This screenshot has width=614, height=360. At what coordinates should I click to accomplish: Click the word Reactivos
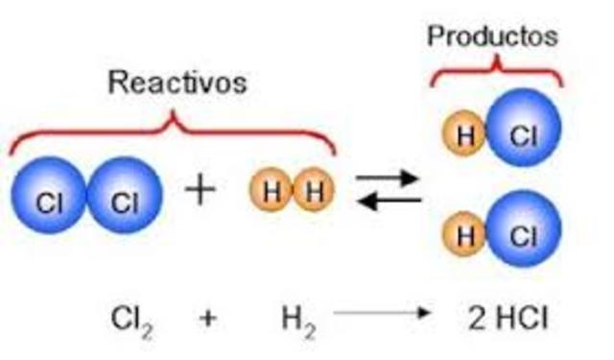[177, 83]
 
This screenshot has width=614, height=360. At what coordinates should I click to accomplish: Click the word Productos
[492, 36]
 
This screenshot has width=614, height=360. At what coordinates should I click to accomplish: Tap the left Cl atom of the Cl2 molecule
[48, 202]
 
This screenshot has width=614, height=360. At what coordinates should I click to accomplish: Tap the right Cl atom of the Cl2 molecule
[123, 202]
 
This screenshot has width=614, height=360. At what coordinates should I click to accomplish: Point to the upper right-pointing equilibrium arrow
[388, 178]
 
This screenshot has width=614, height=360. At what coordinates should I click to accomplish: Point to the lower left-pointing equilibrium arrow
[388, 201]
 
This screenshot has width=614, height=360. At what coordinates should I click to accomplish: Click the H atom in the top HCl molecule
[465, 135]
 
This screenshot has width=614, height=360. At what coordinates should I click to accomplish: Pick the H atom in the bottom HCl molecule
[465, 236]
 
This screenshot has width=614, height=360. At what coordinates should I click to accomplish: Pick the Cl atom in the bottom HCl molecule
[522, 236]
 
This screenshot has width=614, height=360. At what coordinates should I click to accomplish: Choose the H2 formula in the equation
[293, 317]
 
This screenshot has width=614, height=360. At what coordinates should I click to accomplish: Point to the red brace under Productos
[495, 67]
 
